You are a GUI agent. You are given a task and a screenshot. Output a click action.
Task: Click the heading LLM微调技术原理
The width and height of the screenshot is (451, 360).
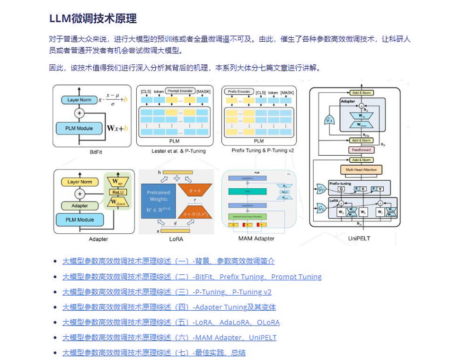[93, 18]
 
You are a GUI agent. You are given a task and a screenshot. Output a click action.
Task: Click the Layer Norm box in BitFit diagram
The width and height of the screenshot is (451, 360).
[79, 100]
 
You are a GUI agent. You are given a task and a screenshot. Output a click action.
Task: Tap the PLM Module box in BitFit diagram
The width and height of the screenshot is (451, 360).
[79, 128]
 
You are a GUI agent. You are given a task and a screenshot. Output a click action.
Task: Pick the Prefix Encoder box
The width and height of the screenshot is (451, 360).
[239, 91]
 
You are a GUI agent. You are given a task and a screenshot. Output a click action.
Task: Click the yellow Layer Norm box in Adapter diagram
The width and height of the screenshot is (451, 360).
[80, 182]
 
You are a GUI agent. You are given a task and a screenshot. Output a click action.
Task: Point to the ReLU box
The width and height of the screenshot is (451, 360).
[116, 193]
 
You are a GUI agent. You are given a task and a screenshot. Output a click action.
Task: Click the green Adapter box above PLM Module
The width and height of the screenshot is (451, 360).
[80, 206]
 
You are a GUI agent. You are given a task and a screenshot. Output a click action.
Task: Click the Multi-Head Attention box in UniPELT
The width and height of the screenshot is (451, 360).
[361, 169]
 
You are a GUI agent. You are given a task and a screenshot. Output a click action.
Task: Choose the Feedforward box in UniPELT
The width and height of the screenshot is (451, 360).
[361, 150]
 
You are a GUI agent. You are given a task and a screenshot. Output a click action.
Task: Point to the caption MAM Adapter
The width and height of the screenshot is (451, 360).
[256, 238]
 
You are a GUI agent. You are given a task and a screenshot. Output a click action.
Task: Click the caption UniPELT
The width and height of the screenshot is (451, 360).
[359, 238]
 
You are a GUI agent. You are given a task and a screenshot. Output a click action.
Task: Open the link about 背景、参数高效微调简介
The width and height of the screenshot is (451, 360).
[168, 261]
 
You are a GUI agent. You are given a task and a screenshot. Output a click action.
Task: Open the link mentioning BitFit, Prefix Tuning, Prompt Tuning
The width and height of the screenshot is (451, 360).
[192, 277]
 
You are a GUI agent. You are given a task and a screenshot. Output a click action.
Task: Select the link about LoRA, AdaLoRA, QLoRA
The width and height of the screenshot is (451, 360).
[171, 323]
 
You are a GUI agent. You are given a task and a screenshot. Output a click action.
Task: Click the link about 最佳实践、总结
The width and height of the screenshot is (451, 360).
[154, 353]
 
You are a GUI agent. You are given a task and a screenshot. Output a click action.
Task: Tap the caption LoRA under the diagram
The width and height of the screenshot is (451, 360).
[176, 239]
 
